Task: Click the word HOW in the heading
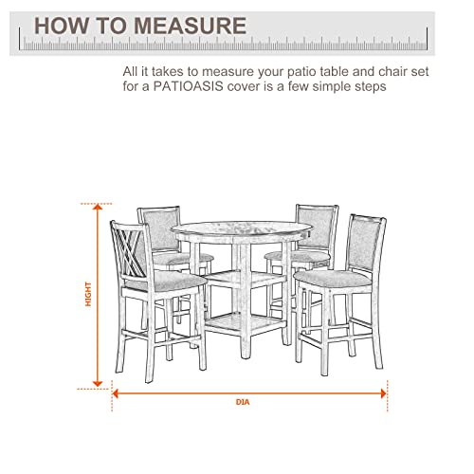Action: pyautogui.click(x=54, y=25)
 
